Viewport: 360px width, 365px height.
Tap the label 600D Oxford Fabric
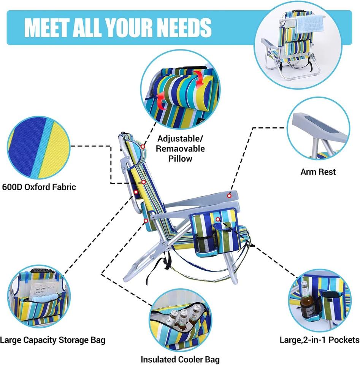[39, 187]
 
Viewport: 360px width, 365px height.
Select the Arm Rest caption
[318, 172]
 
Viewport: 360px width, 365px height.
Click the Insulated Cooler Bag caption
[180, 359]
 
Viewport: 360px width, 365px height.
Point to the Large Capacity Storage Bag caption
[52, 340]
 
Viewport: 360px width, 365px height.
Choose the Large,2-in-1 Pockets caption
[319, 339]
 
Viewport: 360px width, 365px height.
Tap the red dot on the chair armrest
[229, 195]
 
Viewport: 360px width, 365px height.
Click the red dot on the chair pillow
[143, 146]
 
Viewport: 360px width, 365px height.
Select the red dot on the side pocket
[217, 219]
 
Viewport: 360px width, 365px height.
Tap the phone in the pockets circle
[327, 295]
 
